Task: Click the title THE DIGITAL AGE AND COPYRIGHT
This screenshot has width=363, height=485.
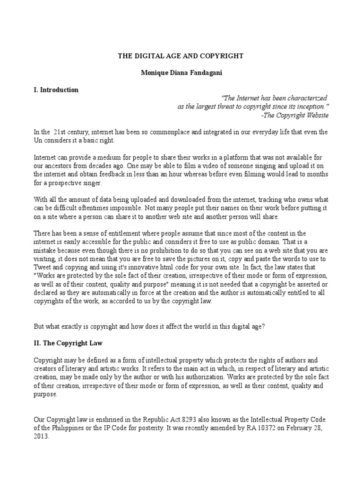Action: point(181,56)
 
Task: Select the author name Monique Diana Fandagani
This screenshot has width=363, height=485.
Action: point(181,73)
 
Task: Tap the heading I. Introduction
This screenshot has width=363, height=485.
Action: point(56,90)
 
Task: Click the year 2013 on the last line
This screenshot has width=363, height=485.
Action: point(41,437)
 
